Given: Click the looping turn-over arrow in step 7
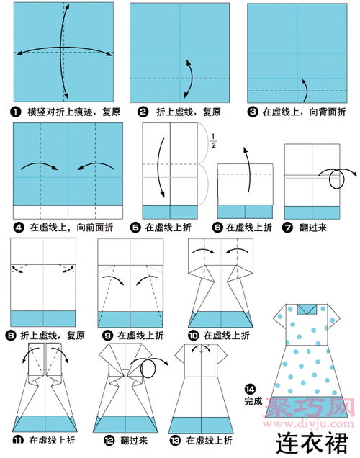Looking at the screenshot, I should tap(336, 179).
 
